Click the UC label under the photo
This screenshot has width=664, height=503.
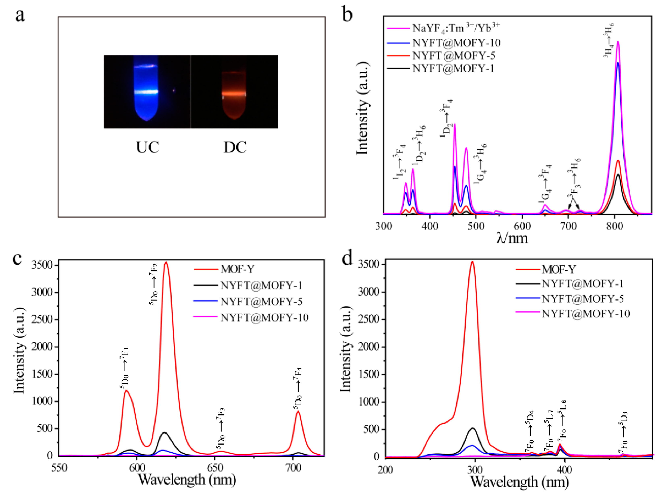coord(148,148)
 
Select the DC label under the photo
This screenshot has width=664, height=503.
coord(235,148)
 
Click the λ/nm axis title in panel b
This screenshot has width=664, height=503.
coord(512,239)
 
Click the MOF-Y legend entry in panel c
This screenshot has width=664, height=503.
coord(237,269)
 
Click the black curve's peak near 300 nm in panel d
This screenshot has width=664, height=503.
coord(473,428)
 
